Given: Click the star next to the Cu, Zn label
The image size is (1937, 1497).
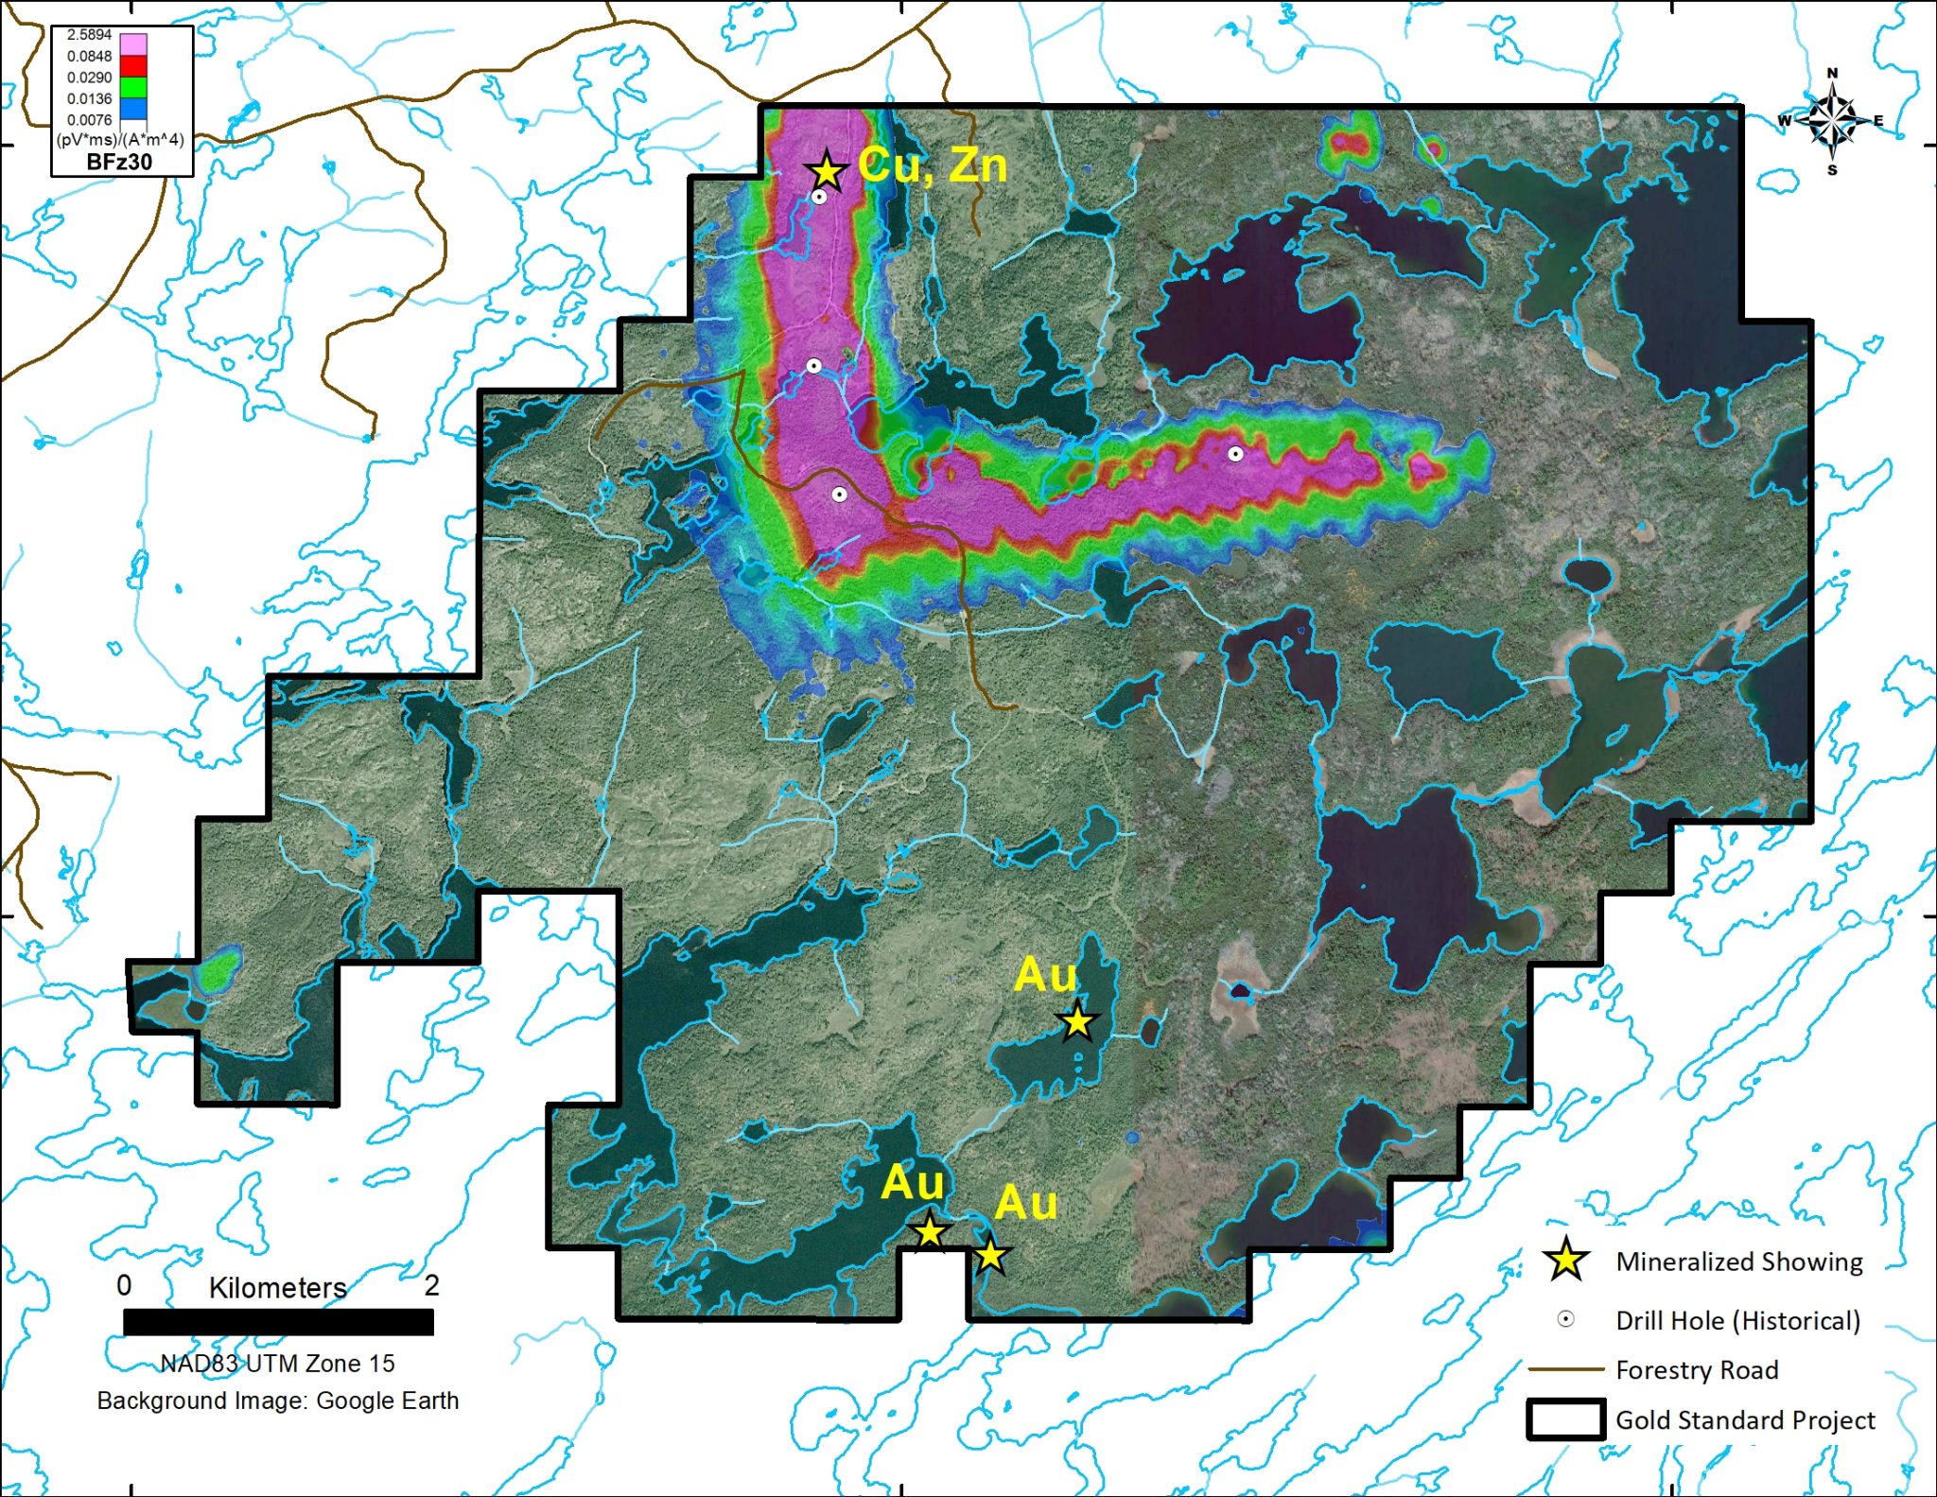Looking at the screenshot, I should tap(827, 171).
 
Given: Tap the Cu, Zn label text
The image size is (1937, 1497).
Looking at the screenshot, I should tap(933, 165).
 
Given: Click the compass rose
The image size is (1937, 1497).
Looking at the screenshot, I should tap(1832, 121).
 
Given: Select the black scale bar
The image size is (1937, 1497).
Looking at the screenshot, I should tap(278, 1321).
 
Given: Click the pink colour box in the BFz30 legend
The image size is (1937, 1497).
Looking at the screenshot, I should tap(133, 44).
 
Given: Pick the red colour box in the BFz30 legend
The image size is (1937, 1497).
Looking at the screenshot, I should tap(133, 66).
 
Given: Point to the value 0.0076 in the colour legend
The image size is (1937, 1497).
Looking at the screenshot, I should tap(89, 120).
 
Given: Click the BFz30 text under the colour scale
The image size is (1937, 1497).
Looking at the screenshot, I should tap(119, 162).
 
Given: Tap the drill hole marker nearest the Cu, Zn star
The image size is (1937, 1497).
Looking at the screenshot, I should tap(819, 197).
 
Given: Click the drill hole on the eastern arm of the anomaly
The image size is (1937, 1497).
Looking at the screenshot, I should tap(1235, 454).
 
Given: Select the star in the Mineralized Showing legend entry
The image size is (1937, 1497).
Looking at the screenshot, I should tap(1565, 1261).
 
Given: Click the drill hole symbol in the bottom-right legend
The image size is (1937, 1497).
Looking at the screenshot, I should tap(1565, 1319).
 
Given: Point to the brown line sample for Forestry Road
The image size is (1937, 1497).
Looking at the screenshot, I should tap(1565, 1369).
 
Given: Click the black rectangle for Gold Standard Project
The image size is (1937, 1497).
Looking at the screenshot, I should tap(1565, 1419).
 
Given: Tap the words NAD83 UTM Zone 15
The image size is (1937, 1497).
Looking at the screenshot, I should tap(277, 1363).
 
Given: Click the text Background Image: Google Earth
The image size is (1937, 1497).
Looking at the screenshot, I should tap(277, 1401).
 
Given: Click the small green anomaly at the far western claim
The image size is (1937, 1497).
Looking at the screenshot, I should tap(219, 970).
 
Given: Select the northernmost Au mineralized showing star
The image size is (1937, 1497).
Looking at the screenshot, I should tap(1077, 1021).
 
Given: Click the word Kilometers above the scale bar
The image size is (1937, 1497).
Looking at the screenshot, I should tap(277, 1287).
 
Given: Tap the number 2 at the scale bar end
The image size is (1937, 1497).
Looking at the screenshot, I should tap(431, 1285).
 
